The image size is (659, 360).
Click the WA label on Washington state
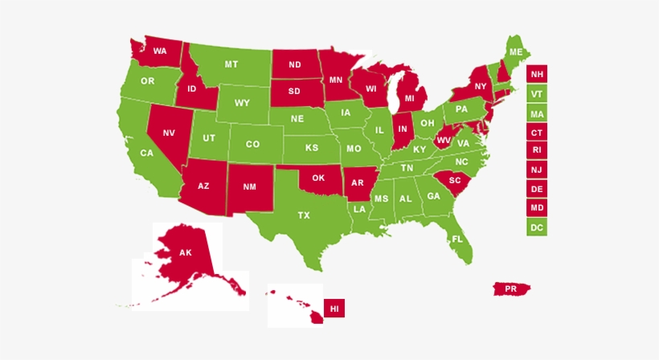coord(160,51)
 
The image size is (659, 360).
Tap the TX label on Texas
coord(304,215)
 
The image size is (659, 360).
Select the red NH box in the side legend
coord(536,75)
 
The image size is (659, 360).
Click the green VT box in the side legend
coord(536,94)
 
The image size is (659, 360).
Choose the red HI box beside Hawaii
coord(334,308)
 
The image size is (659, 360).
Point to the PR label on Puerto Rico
coord(511,288)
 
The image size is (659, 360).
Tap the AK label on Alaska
coord(186,252)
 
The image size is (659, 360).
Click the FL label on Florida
coord(457,239)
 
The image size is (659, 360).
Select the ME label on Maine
coord(515,52)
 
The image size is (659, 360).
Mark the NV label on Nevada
coord(169,133)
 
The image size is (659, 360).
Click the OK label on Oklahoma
coord(317,178)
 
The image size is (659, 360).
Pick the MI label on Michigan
coord(410,98)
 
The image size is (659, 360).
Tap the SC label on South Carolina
coord(455,180)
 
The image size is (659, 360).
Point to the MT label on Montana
coord(231,64)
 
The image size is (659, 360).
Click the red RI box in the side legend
coord(536,150)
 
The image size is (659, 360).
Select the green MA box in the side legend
coord(536,113)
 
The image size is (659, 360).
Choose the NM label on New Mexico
coord(249,186)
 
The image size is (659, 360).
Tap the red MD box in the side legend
coord(536,207)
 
